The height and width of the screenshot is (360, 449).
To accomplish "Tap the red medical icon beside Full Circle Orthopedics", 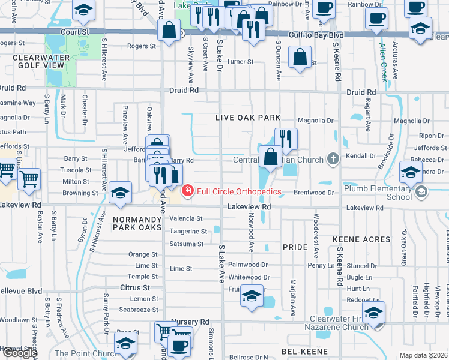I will point(188,191).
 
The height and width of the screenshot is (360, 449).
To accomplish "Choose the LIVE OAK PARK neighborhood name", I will point(249,118).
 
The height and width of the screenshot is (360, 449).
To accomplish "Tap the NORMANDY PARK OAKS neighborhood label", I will point(137,224).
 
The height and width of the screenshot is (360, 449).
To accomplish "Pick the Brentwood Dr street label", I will point(313,193).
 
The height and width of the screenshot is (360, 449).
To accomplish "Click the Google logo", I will point(19,353).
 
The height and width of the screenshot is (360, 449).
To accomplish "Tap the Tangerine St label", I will point(188,232).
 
